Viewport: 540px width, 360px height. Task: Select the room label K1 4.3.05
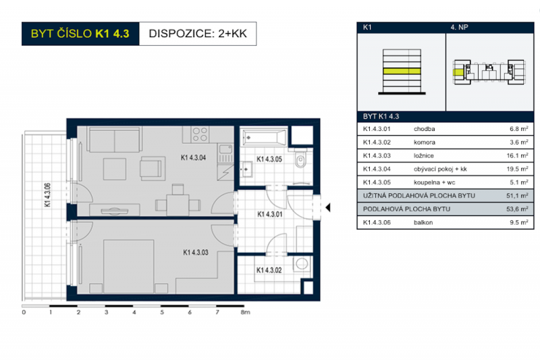[269, 160]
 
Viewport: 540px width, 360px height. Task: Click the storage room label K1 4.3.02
[269, 269]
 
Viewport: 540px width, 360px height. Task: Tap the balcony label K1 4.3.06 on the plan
[48, 197]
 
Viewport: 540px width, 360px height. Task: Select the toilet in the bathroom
[300, 160]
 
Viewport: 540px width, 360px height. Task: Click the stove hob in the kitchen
[199, 134]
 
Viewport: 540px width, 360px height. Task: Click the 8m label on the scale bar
[246, 313]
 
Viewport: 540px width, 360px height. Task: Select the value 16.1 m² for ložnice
[518, 156]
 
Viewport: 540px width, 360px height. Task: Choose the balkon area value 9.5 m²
[518, 222]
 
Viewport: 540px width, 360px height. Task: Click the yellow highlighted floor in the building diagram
[401, 70]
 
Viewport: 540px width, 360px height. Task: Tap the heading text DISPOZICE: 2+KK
[197, 32]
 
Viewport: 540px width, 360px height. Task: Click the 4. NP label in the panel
[459, 28]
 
